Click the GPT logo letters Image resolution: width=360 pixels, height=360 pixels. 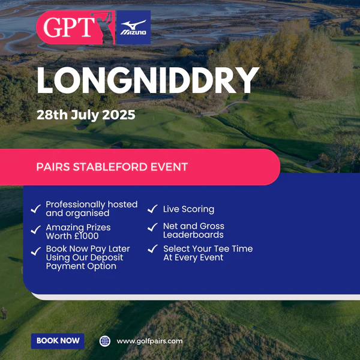coord(68,27)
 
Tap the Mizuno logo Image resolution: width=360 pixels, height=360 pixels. coord(133,28)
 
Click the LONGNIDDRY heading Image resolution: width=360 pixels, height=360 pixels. coord(148,80)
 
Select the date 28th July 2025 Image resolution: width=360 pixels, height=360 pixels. coord(86,115)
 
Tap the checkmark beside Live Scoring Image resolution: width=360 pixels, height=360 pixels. coord(152,209)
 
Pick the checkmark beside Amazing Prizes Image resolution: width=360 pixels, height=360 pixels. coord(35,230)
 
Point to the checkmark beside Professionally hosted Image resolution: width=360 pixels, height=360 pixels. coord(35,209)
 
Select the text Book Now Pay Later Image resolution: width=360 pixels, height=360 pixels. coord(88,249)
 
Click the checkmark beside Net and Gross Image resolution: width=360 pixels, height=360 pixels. coord(152,227)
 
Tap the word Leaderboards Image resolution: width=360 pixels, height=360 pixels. coord(193,235)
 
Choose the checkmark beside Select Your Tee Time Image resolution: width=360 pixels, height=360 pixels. coord(152,248)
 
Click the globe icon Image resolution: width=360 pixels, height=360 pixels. coord(104,341)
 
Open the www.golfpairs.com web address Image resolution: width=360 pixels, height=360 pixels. coord(149,341)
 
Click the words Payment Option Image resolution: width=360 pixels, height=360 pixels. coord(81,266)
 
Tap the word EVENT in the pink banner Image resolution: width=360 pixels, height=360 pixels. coord(169,167)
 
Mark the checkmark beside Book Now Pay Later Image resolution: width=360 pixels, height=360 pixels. coord(36,251)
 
